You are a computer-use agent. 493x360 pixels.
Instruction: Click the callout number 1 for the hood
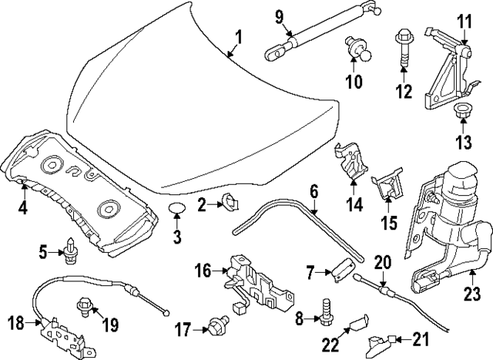point(238,35)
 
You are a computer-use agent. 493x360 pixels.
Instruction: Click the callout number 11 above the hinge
point(463,21)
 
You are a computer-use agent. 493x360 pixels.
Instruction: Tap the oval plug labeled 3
point(177,209)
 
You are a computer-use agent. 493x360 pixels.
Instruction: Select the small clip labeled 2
point(229,203)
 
